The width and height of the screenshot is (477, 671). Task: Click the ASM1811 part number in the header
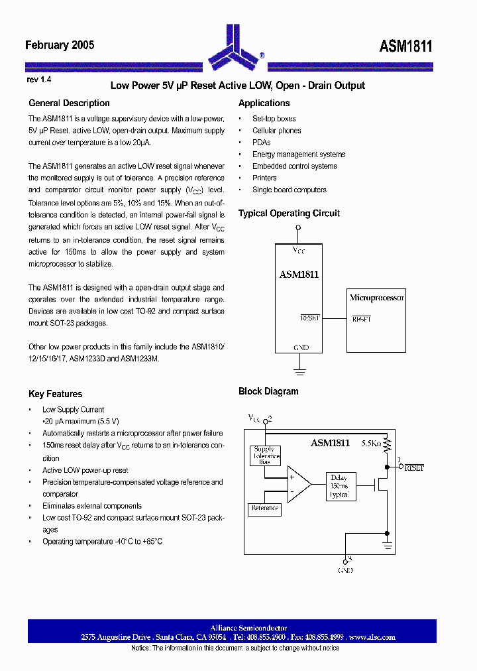pos(405,46)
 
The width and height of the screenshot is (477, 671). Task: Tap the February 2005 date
pos(60,45)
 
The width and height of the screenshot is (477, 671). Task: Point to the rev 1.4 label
pos(39,80)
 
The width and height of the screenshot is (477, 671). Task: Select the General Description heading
pos(69,103)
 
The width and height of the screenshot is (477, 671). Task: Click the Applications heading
pos(264,103)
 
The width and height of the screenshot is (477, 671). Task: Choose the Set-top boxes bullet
pos(274,119)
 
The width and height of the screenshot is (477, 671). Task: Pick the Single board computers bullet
pos(289,190)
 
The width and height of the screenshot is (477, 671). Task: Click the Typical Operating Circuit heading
pos(289,213)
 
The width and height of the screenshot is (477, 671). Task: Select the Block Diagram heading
pos(268,392)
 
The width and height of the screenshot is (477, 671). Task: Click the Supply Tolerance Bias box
pos(264,456)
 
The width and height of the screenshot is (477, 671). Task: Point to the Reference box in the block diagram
pos(264,509)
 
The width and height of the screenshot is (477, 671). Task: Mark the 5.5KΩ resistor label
pos(372,443)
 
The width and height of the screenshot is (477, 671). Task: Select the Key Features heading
pos(56,394)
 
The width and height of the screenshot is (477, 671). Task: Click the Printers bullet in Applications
pos(264,178)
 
